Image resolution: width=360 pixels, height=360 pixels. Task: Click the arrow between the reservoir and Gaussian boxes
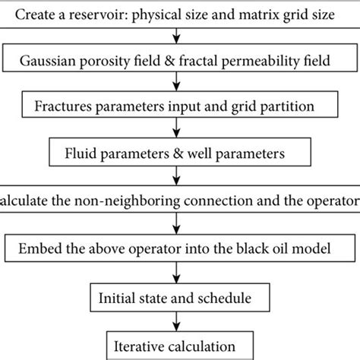pos(176,35)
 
